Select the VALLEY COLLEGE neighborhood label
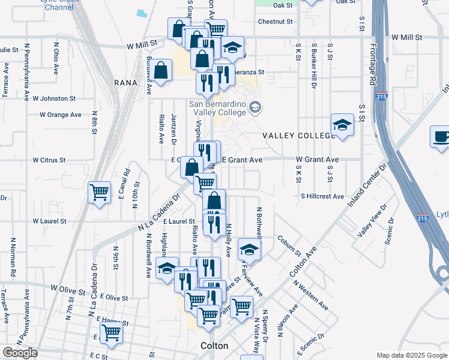click(x=298, y=136)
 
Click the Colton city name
click(x=214, y=346)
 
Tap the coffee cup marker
click(x=441, y=136)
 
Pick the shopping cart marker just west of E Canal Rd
click(x=100, y=193)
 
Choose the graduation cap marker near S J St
click(x=342, y=125)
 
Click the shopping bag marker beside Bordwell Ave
click(x=161, y=71)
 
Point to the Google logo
click(x=20, y=353)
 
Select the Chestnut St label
click(x=275, y=22)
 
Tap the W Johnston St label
click(x=54, y=98)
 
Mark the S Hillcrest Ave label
click(x=322, y=196)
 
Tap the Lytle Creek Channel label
click(x=59, y=5)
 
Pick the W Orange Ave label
click(x=61, y=115)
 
